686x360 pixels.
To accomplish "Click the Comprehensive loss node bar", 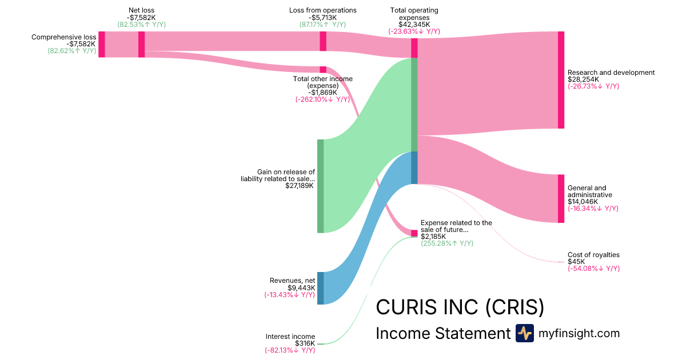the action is [102, 45].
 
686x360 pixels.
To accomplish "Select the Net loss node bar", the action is [141, 45].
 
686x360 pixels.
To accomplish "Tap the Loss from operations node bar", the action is [323, 41].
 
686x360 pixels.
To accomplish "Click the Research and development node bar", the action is [561, 80].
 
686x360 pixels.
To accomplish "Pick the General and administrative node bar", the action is [561, 198].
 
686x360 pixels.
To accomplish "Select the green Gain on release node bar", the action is [320, 186].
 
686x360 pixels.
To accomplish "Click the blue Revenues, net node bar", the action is [320, 288].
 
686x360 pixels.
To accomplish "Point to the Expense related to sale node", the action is [414, 233].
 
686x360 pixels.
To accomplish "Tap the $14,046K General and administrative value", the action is [583, 202].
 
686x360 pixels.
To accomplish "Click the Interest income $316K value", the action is [305, 343].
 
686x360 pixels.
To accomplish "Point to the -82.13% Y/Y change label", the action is [289, 350].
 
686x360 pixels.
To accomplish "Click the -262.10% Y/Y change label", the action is [322, 99].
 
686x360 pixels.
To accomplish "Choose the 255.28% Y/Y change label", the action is [446, 243].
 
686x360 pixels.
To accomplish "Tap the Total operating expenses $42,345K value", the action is [414, 24].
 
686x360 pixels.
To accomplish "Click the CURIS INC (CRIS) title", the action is [460, 307].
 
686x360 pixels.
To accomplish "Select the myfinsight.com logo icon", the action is [524, 333].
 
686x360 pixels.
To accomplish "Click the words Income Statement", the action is [442, 334].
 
